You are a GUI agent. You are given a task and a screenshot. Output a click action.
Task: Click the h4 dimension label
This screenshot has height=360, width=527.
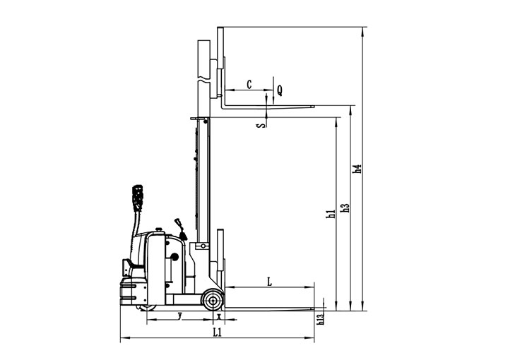[357, 169]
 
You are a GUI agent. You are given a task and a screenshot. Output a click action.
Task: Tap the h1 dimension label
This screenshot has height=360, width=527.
[331, 214]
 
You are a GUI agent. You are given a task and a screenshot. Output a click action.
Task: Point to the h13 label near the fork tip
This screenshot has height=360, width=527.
[321, 318]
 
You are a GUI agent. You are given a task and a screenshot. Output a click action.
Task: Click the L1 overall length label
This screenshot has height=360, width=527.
[218, 332]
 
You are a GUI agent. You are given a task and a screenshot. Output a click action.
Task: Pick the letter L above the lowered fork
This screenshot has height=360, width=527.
[269, 282]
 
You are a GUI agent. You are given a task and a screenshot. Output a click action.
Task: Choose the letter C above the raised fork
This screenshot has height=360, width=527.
[249, 84]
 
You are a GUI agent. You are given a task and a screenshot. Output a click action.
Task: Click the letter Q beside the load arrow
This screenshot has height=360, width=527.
[280, 90]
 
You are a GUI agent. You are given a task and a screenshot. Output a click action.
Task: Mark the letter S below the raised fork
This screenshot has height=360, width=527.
[261, 126]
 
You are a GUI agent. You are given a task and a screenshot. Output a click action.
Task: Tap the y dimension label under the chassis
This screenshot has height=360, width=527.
[180, 316]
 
